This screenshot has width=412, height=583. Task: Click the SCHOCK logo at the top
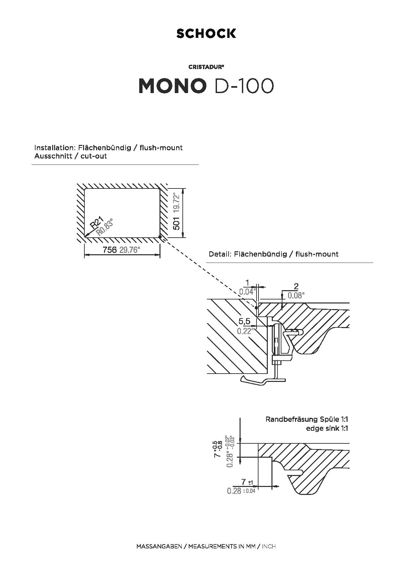point(206,34)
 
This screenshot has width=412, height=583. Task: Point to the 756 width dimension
point(110,250)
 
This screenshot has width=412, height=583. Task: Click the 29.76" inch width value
point(129,250)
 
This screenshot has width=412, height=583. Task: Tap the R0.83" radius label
point(105,227)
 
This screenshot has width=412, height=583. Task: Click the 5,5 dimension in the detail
point(244,321)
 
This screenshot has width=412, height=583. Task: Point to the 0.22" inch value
point(245,331)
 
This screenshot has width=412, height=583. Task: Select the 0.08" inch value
point(296,295)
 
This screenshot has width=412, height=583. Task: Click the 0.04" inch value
point(248,292)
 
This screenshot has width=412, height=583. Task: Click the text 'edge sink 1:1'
point(327,428)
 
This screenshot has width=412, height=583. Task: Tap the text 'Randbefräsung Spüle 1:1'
point(307,419)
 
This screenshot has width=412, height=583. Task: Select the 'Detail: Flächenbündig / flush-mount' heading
point(273,254)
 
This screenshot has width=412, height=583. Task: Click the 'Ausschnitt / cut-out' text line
point(70,156)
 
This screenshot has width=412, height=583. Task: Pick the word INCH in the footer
point(269,546)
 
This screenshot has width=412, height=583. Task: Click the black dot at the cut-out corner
point(160,237)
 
